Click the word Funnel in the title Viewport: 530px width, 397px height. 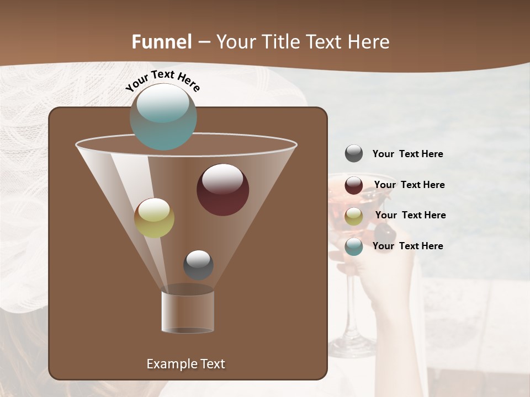click(x=161, y=42)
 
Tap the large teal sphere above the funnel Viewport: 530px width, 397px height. click(x=163, y=116)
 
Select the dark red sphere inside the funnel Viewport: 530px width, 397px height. click(x=222, y=189)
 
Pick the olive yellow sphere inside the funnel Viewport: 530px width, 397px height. click(x=154, y=218)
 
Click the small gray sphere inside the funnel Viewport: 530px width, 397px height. click(x=198, y=265)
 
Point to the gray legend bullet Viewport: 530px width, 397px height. click(x=354, y=154)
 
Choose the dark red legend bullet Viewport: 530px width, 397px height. click(x=354, y=185)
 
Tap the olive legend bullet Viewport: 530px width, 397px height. click(x=354, y=216)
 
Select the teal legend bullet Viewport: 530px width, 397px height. click(x=354, y=246)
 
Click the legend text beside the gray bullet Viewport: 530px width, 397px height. click(x=407, y=154)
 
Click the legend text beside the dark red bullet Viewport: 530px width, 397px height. click(x=409, y=185)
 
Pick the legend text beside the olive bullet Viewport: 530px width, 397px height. click(x=410, y=215)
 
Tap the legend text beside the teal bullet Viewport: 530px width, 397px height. click(x=407, y=246)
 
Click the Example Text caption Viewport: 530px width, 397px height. click(x=185, y=364)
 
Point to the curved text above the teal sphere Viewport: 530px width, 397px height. click(x=162, y=81)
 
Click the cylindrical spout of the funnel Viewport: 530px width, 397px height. click(x=188, y=311)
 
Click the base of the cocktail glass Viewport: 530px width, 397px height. click(x=352, y=348)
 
